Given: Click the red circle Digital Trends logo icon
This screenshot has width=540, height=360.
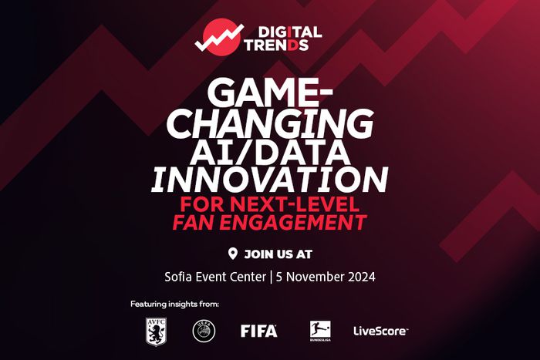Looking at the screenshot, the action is [221, 37].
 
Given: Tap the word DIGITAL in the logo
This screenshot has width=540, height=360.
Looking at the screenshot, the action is [290, 32].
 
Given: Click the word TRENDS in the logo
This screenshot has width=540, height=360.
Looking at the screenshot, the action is [276, 45].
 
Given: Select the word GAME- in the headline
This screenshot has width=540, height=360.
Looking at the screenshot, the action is [270, 93].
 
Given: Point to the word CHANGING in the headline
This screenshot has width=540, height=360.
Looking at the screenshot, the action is [270, 123].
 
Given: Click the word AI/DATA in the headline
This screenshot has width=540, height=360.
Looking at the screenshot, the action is [270, 151].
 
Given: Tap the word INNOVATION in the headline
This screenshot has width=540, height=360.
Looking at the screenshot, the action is [270, 180].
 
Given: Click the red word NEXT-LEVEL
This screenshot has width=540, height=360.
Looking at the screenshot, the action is [295, 204].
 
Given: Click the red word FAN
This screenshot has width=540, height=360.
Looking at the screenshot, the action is [194, 222].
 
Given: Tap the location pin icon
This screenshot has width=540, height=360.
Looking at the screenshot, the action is [233, 254].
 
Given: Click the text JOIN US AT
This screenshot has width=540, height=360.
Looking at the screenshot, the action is [278, 254].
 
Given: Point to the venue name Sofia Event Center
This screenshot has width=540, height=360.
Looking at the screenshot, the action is [215, 277].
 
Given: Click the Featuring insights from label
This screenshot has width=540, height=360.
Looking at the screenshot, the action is [174, 304].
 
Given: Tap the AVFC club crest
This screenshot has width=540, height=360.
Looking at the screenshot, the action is [156, 331].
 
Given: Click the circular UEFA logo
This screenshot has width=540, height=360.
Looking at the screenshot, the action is [204, 331].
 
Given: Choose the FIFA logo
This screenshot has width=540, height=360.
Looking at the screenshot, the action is [258, 331].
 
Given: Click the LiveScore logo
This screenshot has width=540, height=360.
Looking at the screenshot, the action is [380, 331].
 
